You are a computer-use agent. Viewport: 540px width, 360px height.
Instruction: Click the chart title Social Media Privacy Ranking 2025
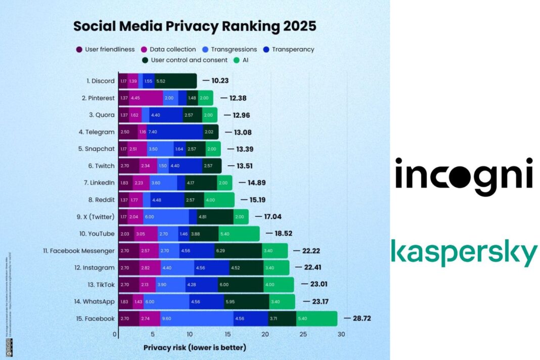(x=195, y=26)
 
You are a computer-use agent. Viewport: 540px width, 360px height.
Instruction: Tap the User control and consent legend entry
(x=185, y=60)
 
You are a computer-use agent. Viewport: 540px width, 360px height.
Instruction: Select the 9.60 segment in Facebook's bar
(x=196, y=319)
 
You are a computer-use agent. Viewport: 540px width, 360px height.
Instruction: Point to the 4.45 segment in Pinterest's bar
(x=146, y=98)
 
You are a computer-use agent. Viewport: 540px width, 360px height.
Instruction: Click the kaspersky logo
(x=464, y=253)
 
